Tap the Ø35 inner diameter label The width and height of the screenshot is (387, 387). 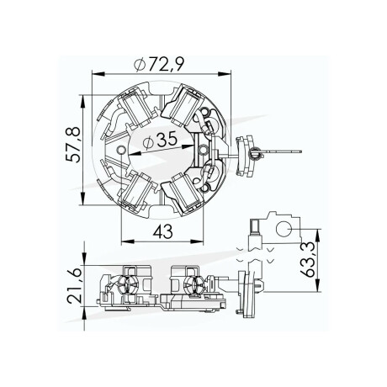tap(167, 143)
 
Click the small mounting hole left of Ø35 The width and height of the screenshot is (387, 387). tap(125, 151)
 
